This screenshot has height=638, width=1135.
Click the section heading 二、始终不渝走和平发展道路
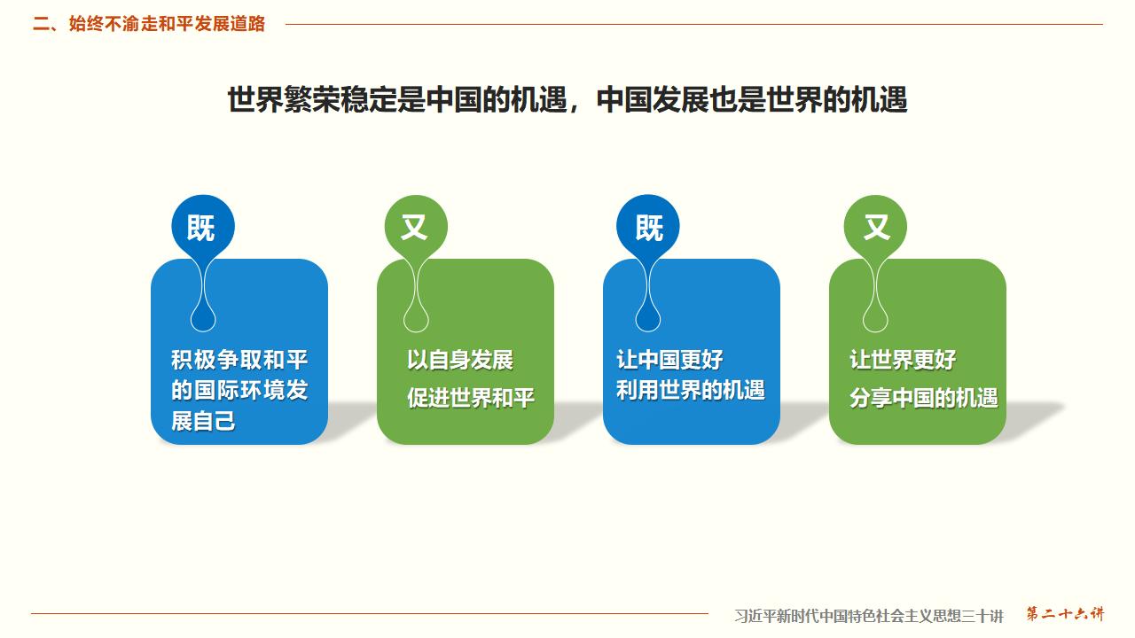(149, 24)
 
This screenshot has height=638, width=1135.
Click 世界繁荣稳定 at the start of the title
(312, 99)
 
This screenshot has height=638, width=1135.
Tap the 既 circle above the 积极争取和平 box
(202, 228)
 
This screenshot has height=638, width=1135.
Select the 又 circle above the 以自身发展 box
(414, 228)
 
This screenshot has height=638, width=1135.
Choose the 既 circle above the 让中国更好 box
(648, 228)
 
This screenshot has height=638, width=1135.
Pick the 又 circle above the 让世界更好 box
(876, 228)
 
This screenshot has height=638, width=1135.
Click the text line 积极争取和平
(239, 360)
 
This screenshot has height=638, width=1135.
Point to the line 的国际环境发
(239, 390)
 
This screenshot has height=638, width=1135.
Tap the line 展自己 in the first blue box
(204, 420)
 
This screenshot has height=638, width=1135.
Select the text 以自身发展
(460, 360)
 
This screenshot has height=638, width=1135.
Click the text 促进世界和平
(471, 398)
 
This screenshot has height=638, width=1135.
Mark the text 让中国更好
(669, 360)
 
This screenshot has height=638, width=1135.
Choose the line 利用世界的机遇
(691, 390)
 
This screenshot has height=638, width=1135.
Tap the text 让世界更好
(903, 360)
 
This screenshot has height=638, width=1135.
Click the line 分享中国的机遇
(924, 398)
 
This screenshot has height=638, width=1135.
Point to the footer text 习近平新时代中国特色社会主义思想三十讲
(869, 615)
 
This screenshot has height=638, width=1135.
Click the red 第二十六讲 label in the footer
(1066, 613)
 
